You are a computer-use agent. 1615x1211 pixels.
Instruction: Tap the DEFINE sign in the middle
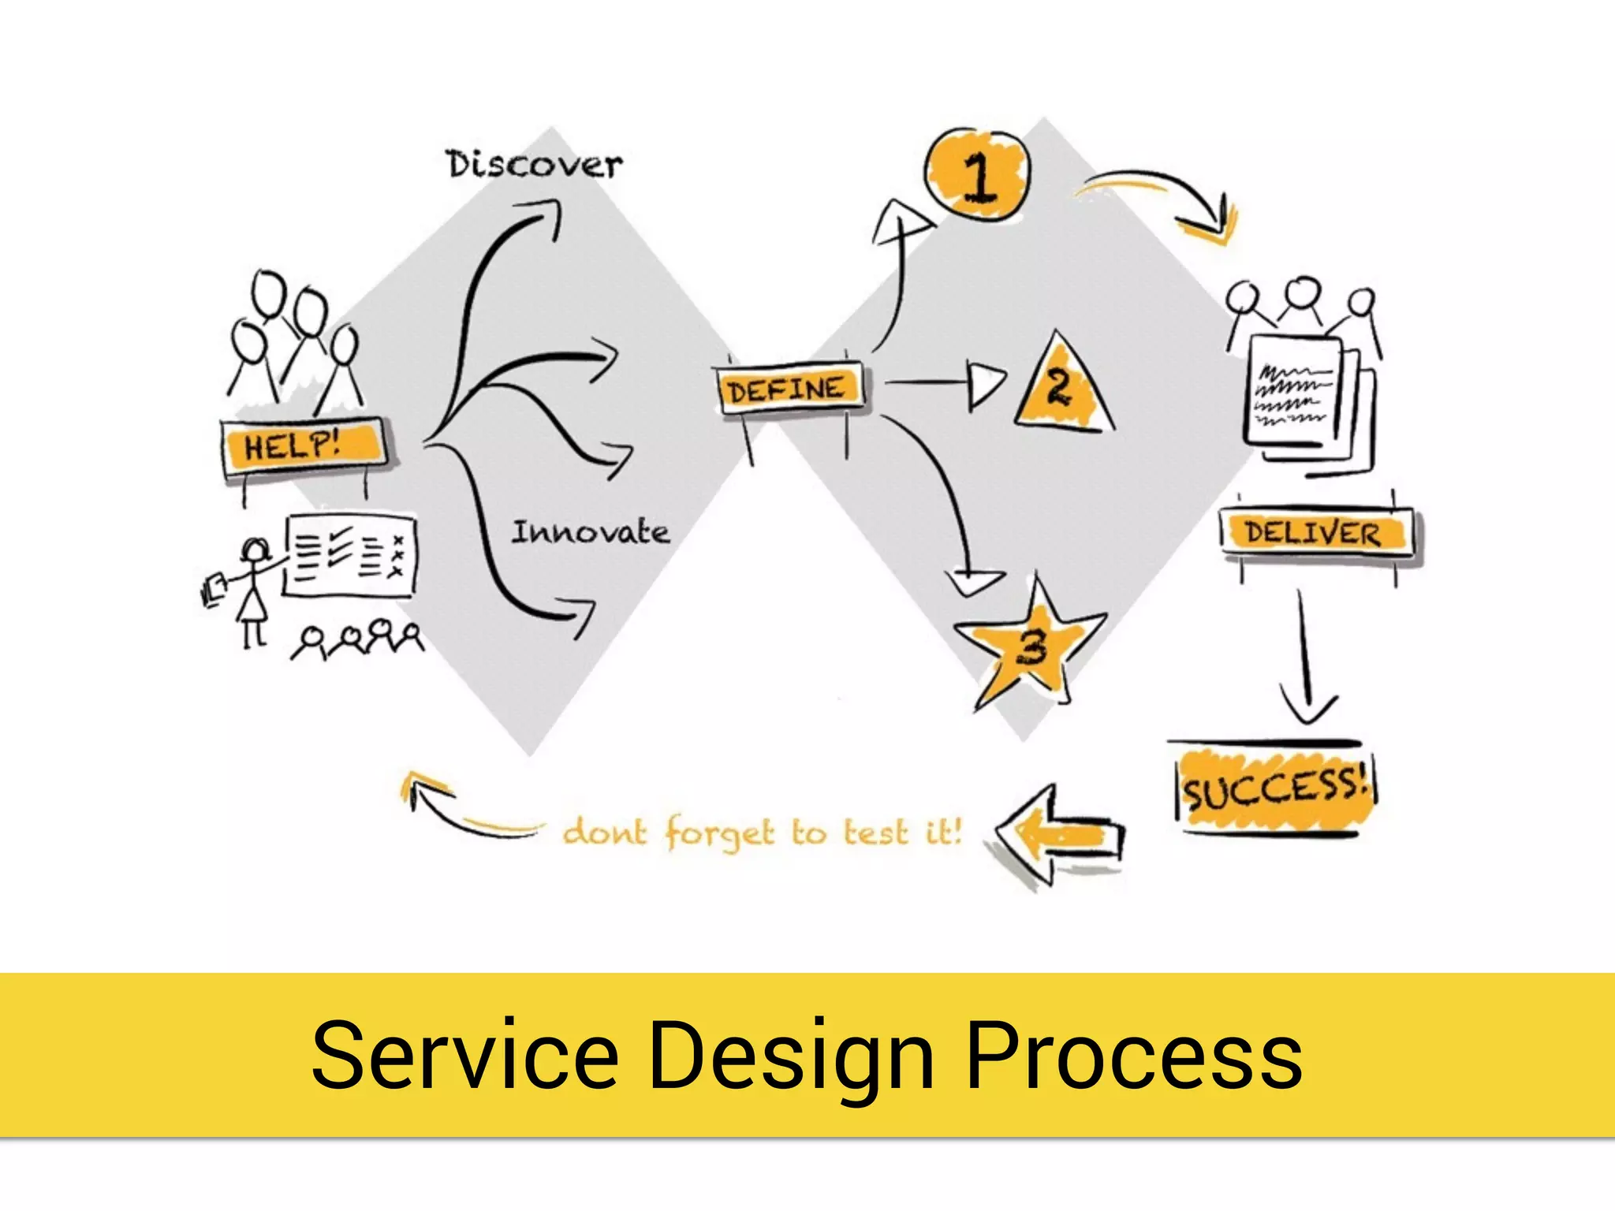click(789, 389)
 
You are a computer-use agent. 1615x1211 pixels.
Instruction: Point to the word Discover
click(534, 165)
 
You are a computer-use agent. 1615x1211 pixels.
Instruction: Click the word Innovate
click(591, 532)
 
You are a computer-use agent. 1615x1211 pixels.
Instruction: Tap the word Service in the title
click(464, 1055)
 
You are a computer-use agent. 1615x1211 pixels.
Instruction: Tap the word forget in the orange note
click(719, 833)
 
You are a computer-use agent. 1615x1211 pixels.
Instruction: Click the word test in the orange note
click(875, 833)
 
